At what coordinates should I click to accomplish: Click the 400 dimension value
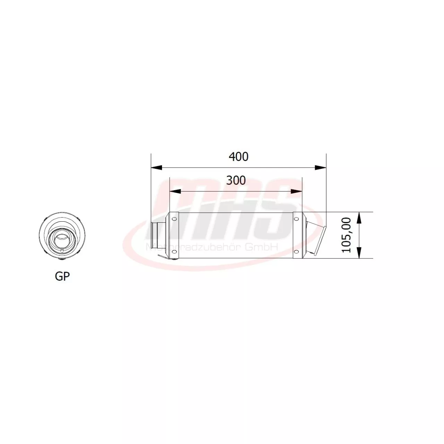[x=239, y=157]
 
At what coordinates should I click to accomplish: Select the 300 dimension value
[x=236, y=180]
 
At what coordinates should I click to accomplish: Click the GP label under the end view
[x=62, y=276]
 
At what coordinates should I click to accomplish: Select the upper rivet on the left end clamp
[x=174, y=219]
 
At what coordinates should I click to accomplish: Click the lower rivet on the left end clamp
[x=174, y=252]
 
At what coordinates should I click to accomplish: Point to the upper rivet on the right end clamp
[x=296, y=219]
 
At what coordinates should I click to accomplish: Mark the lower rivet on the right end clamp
[x=296, y=252]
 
